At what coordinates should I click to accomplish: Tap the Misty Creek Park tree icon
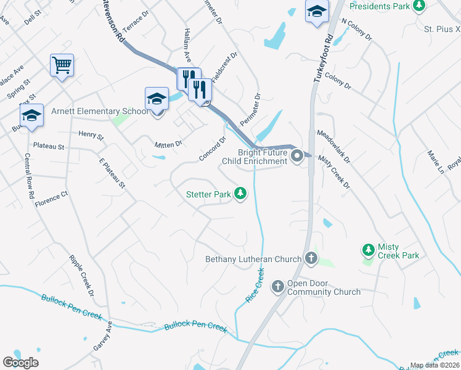(x=368, y=249)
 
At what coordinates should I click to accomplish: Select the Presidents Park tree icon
(x=420, y=6)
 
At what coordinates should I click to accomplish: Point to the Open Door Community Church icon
(x=278, y=286)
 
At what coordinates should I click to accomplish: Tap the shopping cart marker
(x=62, y=64)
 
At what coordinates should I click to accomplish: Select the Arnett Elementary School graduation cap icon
(x=157, y=99)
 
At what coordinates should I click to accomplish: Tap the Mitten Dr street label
(x=168, y=144)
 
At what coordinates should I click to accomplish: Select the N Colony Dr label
(x=357, y=28)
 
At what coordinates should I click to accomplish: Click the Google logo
(x=21, y=362)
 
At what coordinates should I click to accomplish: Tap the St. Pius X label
(x=442, y=28)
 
